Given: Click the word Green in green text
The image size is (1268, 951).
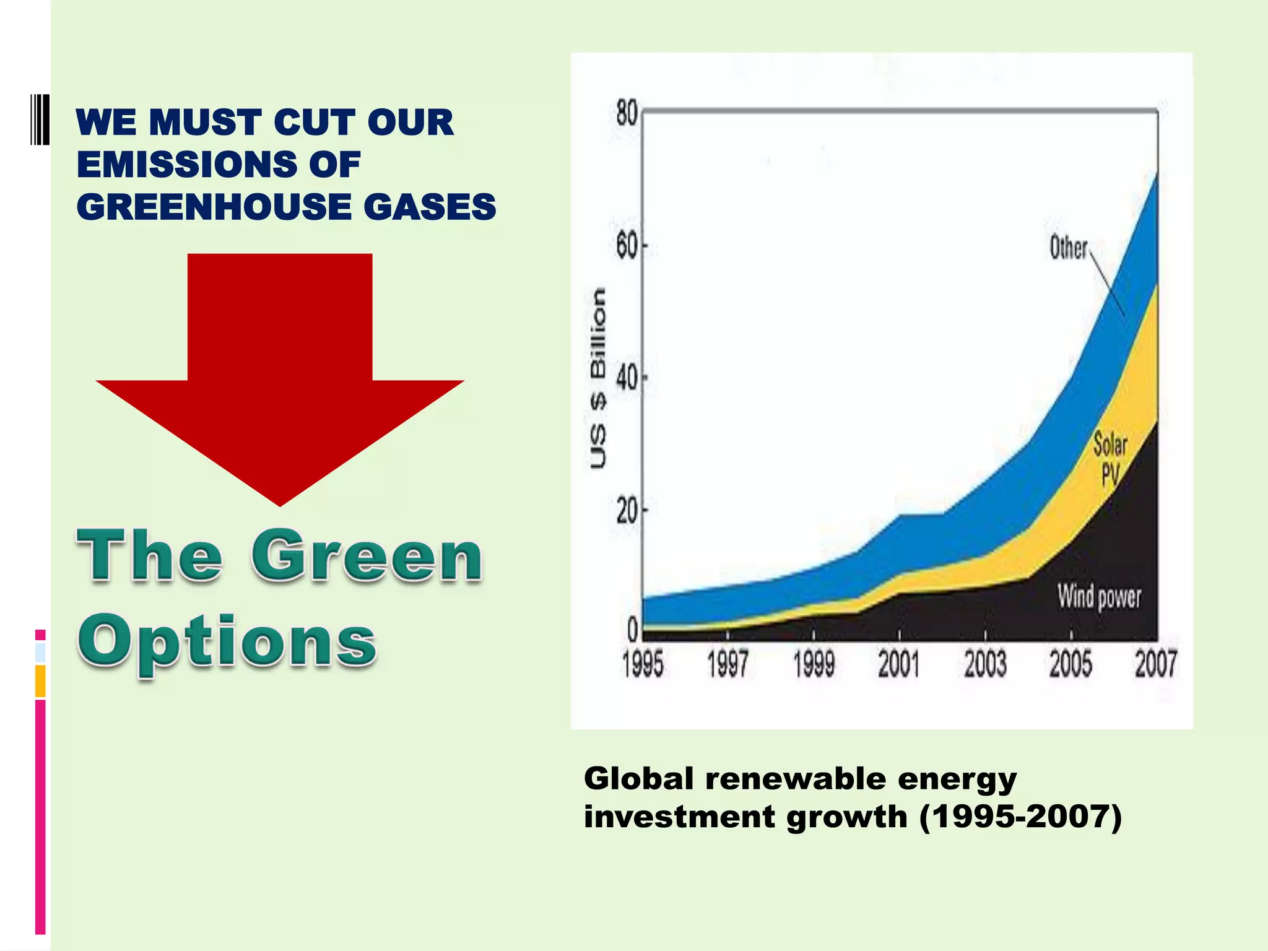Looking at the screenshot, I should [367, 555].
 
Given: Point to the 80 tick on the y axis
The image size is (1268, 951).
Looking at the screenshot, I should [627, 114].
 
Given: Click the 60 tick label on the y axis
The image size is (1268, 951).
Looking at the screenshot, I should [627, 247].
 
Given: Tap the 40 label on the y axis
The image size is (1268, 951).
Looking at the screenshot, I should [627, 378].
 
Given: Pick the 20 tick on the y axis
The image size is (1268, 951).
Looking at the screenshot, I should [627, 511].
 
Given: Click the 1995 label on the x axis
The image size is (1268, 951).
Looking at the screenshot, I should [643, 665].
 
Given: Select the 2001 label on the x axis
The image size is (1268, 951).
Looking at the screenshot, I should [898, 665].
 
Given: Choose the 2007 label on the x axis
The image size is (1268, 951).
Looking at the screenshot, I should [1155, 665].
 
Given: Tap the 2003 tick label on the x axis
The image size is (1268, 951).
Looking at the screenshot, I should [984, 665].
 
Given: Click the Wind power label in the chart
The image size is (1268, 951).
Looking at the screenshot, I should [1099, 597].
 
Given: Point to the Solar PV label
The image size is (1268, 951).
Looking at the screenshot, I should [1110, 459].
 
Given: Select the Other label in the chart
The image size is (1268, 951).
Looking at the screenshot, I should [1068, 248].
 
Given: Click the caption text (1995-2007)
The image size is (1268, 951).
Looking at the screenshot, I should [1020, 817].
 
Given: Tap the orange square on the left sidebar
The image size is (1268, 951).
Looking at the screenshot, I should [40, 680].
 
